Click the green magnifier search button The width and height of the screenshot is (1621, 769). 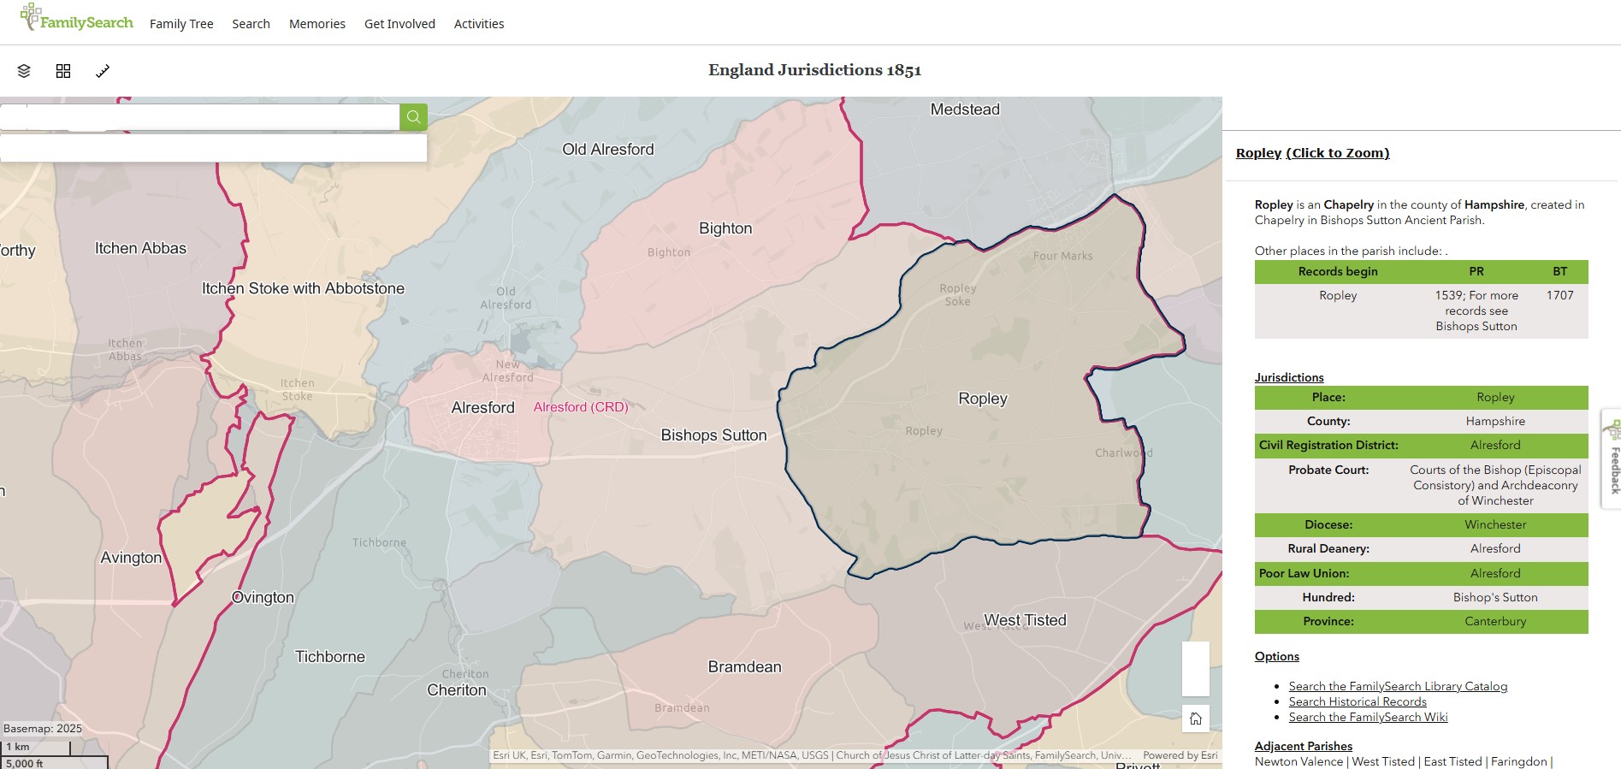(413, 117)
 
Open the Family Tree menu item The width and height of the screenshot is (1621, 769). (181, 24)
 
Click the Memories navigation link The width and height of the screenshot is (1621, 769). (317, 24)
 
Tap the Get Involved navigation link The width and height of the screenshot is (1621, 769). (399, 24)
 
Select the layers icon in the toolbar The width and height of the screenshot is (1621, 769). (24, 71)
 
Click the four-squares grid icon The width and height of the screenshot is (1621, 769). (63, 71)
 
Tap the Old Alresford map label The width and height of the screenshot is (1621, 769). (607, 150)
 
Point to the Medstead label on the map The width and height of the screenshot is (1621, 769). (964, 109)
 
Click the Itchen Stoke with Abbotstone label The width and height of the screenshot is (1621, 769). (303, 288)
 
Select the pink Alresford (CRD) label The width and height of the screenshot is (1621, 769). (580, 407)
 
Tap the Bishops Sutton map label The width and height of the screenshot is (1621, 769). (713, 435)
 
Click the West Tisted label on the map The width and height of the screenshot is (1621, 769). (1025, 620)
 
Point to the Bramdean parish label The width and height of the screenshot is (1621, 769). (744, 667)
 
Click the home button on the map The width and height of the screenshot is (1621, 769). (1195, 719)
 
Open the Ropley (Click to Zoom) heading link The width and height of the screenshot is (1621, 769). (1312, 153)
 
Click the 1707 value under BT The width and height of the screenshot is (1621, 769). (1559, 295)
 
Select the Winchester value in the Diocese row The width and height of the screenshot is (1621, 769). (1494, 524)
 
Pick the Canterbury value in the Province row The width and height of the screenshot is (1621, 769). (1494, 621)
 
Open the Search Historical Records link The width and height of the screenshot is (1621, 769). (1357, 701)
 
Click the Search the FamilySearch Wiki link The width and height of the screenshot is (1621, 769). (1368, 717)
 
